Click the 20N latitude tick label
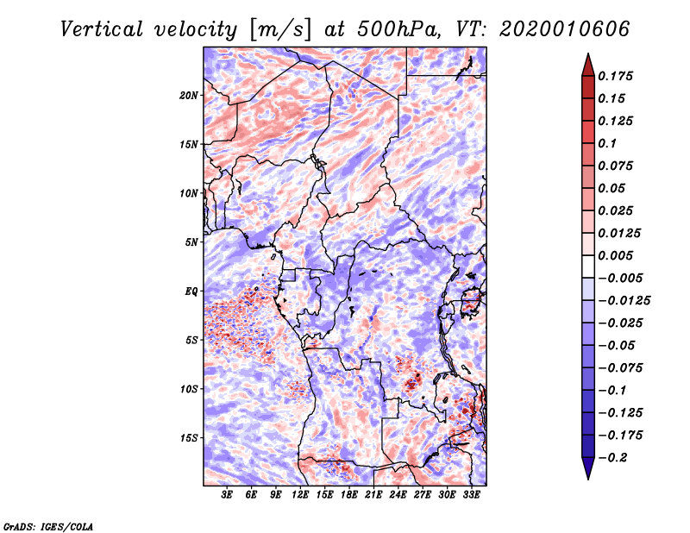point(189,96)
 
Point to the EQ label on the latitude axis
point(191,292)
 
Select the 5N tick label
point(191,242)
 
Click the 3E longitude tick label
point(227,495)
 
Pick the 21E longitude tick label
point(373,495)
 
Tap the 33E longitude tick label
point(471,495)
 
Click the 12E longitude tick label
point(300,495)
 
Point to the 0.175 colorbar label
point(615,76)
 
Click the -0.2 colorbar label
point(612,458)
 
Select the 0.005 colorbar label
point(615,255)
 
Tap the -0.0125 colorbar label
point(624,301)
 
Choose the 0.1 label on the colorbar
point(607,143)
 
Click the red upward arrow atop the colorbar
point(588,66)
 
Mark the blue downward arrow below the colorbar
point(588,468)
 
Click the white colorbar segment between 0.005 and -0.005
point(588,266)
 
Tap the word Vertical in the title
point(102,29)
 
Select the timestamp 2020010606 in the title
point(565,29)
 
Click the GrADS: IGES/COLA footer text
point(48,526)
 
